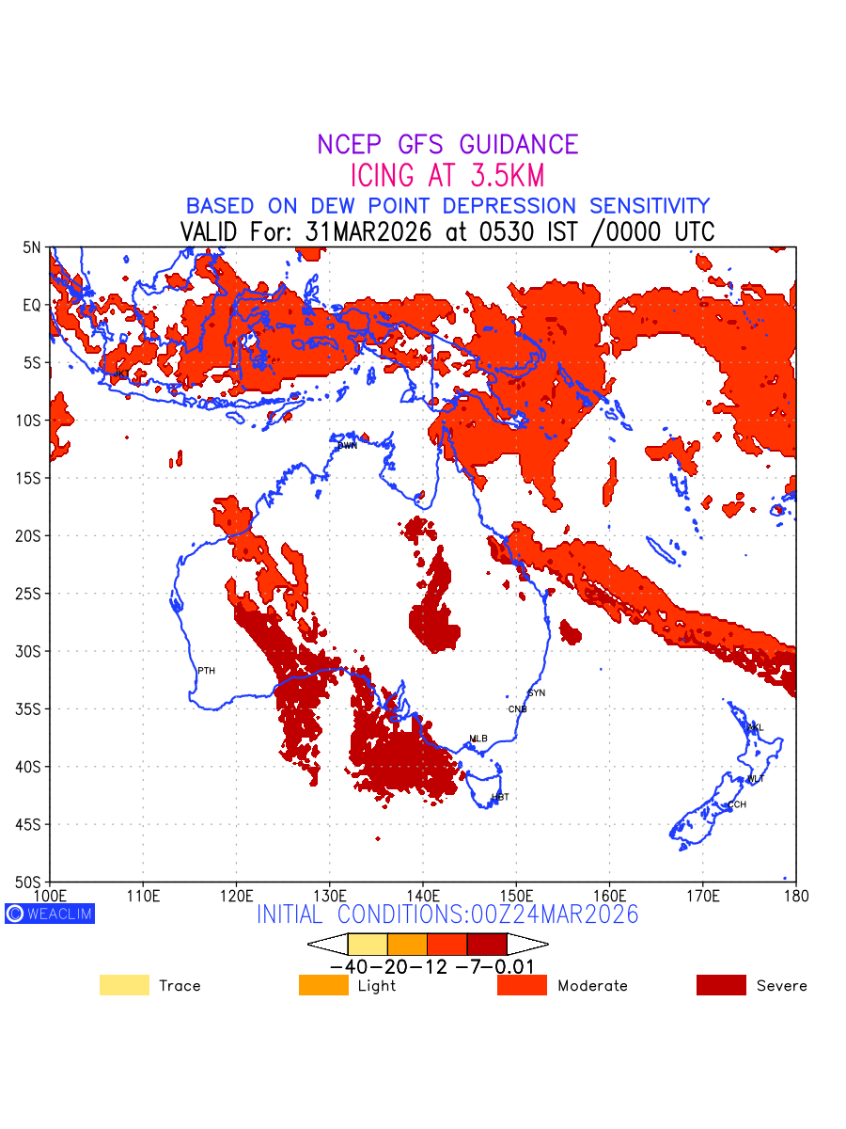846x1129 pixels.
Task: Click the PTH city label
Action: [x=206, y=671]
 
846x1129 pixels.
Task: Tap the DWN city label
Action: [x=348, y=445]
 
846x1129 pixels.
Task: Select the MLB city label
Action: [x=478, y=739]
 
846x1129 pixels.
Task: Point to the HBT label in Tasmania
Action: [x=500, y=797]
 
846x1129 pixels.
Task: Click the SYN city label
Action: [x=536, y=693]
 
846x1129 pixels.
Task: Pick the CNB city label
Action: [x=518, y=708]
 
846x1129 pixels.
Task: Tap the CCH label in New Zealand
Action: [x=737, y=804]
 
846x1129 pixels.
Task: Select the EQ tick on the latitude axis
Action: [x=32, y=305]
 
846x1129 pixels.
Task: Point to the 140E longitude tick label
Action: [x=423, y=895]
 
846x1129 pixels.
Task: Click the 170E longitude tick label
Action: [x=703, y=895]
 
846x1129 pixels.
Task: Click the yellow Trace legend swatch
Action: [x=124, y=985]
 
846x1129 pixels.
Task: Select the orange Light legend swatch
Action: [x=323, y=985]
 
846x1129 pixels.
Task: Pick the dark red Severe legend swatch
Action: [x=721, y=985]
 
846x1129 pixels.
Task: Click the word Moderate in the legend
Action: [x=592, y=986]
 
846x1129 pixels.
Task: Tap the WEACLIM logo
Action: [x=50, y=914]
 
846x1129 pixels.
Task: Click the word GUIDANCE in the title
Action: [x=519, y=145]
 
